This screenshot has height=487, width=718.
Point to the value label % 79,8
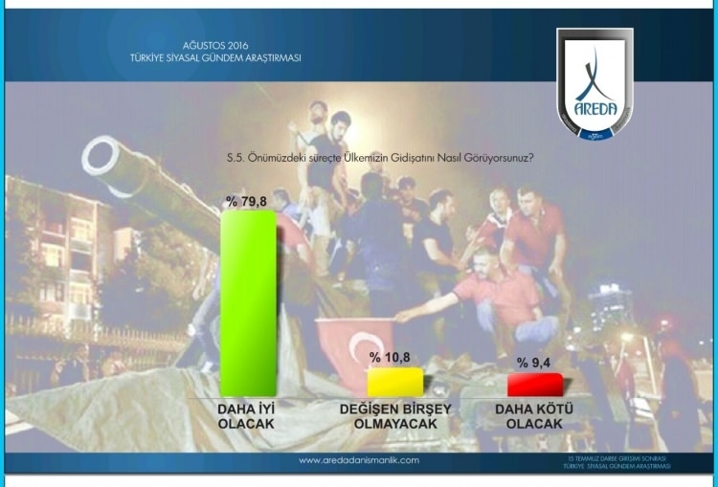click(248, 200)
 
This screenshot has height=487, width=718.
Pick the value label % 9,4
click(534, 363)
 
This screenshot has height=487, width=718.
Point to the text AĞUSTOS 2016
click(208, 45)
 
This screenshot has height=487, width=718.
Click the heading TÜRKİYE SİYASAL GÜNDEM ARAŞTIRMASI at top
click(215, 57)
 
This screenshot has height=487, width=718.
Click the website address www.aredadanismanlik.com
click(359, 460)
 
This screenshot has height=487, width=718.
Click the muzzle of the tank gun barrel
click(97, 156)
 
